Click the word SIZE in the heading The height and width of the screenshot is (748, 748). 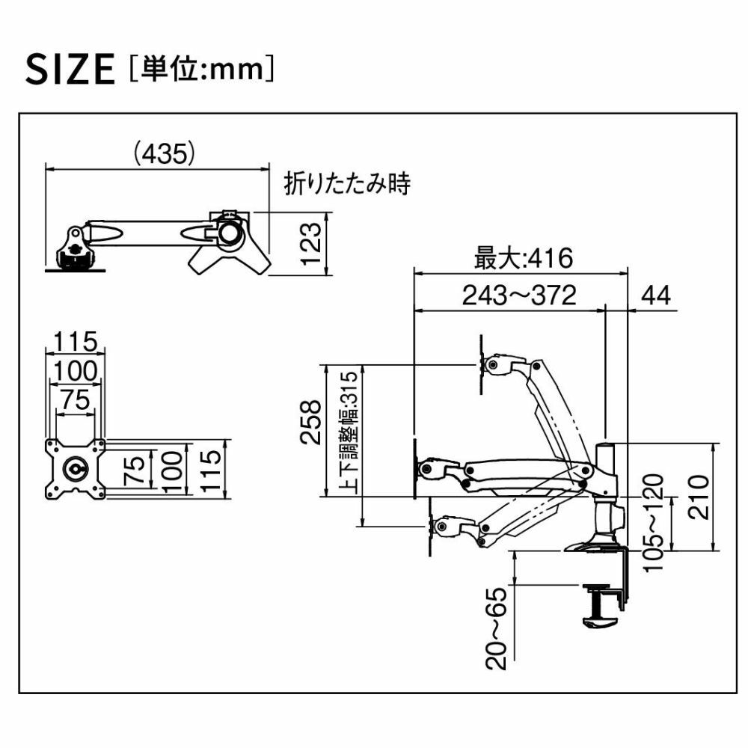click(70, 69)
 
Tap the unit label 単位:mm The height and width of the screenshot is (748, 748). click(202, 69)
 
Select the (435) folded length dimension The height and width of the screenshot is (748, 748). click(164, 153)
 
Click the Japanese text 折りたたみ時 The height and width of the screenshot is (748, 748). click(347, 183)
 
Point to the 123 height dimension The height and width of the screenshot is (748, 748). click(311, 244)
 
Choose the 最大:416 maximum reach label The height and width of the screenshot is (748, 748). click(524, 257)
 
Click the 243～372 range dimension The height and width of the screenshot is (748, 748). click(519, 295)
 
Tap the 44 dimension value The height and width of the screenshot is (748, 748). click(656, 295)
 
